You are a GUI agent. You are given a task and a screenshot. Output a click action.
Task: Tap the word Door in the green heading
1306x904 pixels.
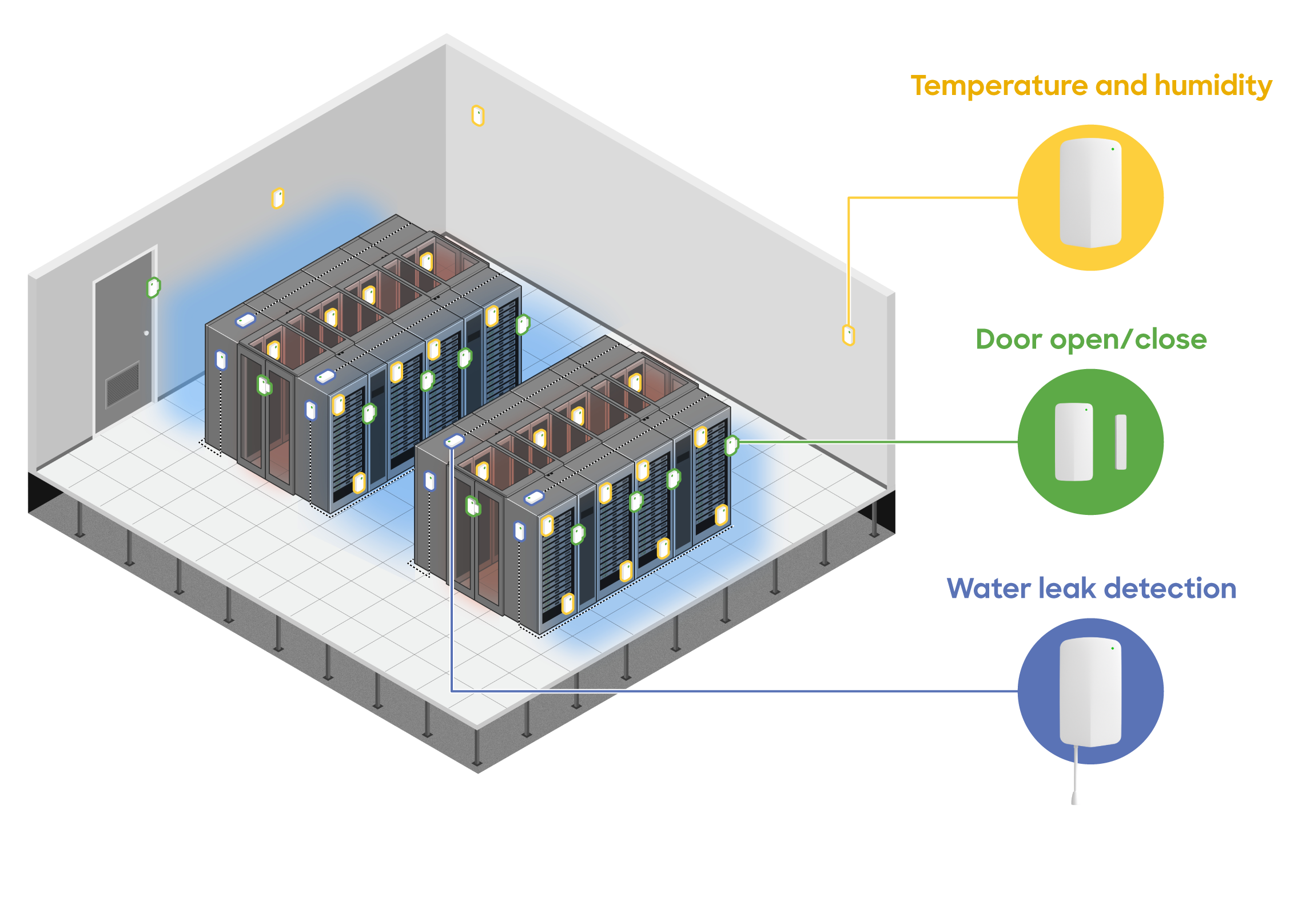coord(1009,339)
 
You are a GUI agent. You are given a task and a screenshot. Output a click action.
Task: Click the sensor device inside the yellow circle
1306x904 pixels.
coord(1090,193)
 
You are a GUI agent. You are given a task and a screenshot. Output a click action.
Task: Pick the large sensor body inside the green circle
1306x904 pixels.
coord(1073,442)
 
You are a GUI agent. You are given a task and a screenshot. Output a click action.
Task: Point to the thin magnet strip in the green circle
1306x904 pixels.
coord(1121,442)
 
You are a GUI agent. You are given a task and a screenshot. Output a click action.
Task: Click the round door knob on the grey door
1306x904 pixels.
coord(146,333)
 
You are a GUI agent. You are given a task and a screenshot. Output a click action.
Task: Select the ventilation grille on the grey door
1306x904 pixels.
coord(122,384)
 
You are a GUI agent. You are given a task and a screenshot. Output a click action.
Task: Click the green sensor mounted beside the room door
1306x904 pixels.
coord(153,287)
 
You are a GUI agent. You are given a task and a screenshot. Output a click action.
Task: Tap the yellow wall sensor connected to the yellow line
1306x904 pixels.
coord(849,335)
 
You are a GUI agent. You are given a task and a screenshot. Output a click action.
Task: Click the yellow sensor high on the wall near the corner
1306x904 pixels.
coord(478,116)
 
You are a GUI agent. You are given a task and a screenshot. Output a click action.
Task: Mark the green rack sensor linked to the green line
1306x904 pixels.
coord(731,445)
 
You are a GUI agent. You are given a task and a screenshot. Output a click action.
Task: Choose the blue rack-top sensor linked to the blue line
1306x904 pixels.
coord(454,441)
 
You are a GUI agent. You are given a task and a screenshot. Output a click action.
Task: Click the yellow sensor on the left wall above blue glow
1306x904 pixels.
coord(278,198)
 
